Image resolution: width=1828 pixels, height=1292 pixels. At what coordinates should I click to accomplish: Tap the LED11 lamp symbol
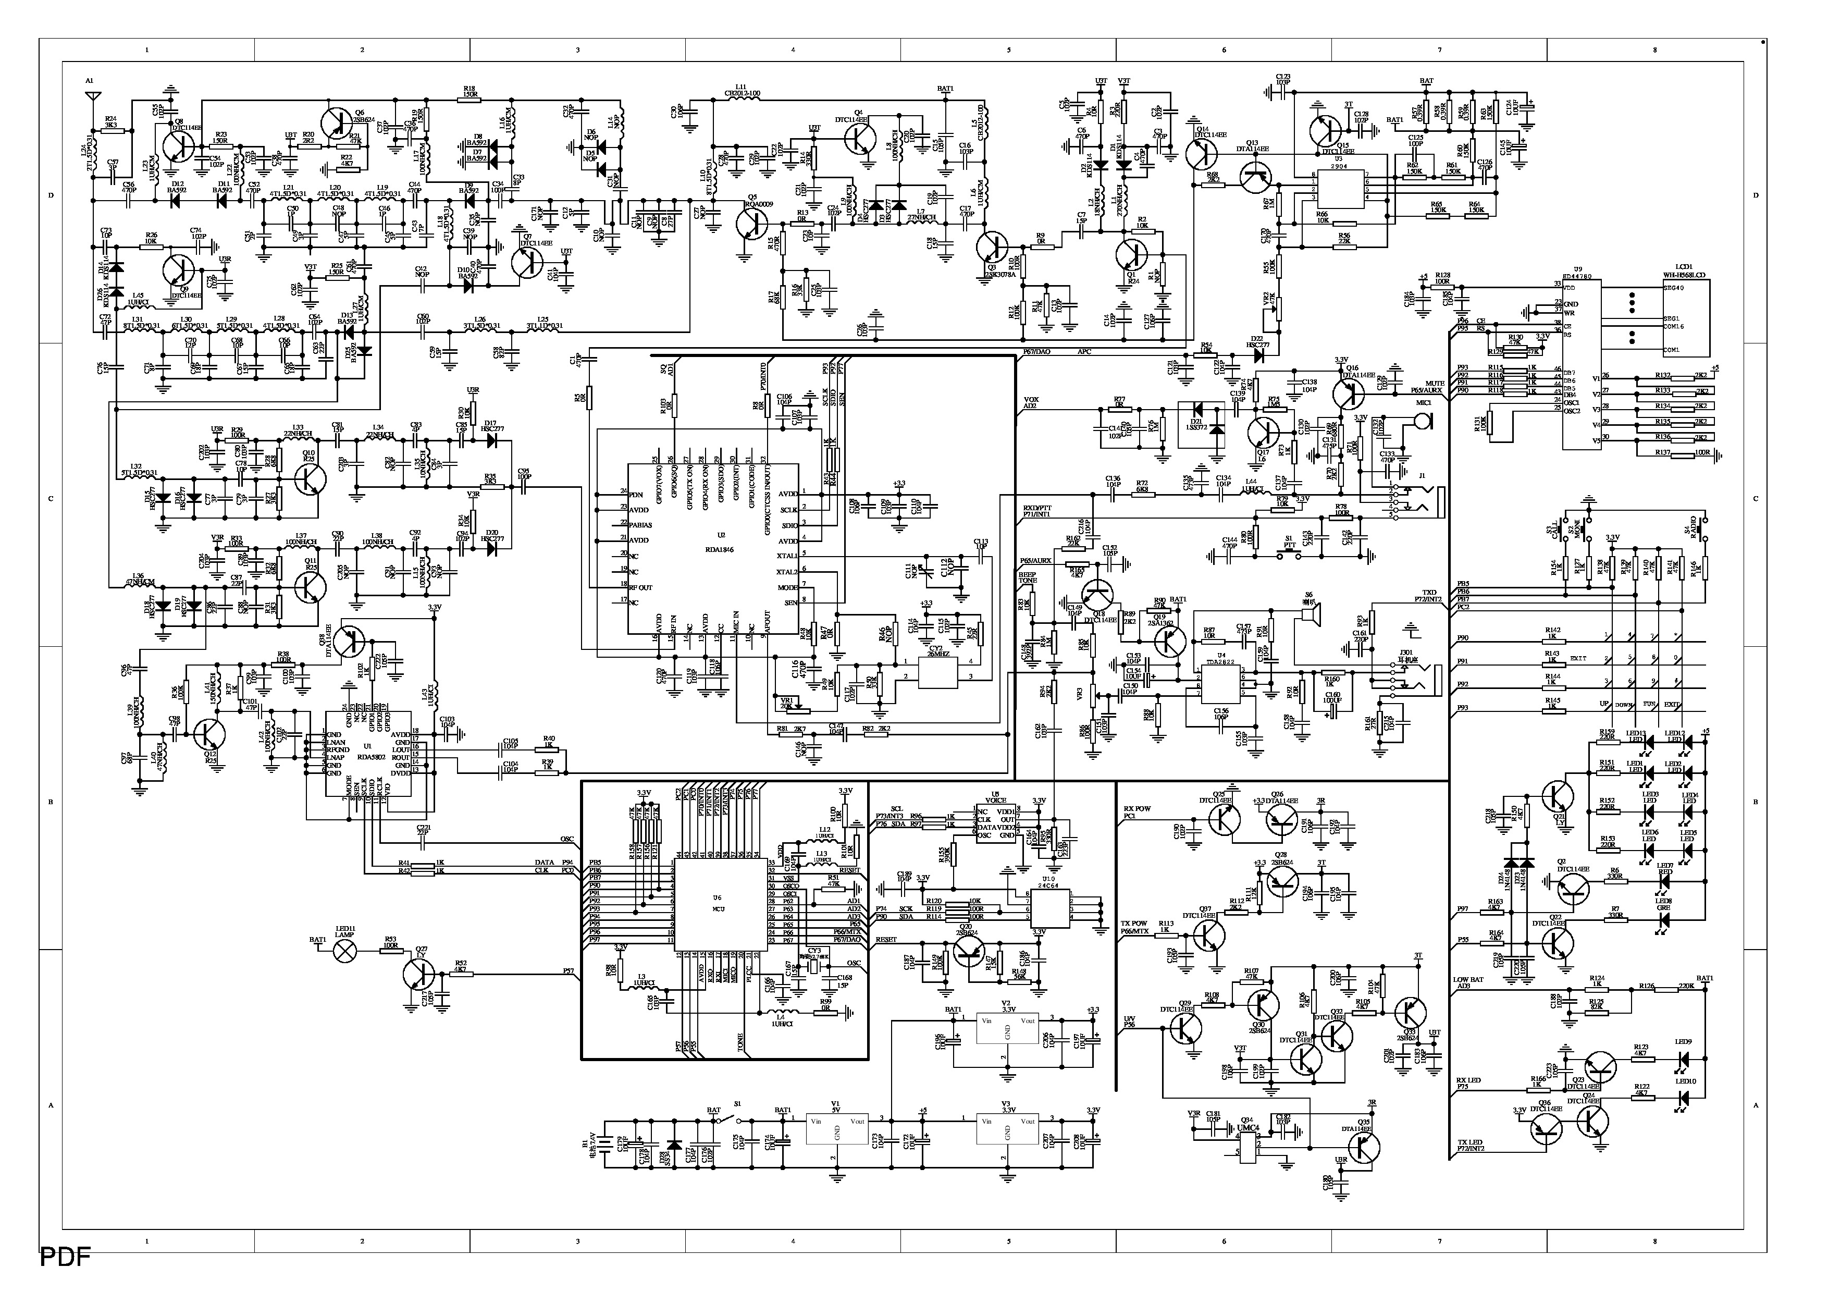tap(345, 950)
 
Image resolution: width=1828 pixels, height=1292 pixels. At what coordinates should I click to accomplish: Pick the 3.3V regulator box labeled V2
tap(1007, 1028)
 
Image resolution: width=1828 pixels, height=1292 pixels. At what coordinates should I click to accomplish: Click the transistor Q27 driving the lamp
tap(417, 974)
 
